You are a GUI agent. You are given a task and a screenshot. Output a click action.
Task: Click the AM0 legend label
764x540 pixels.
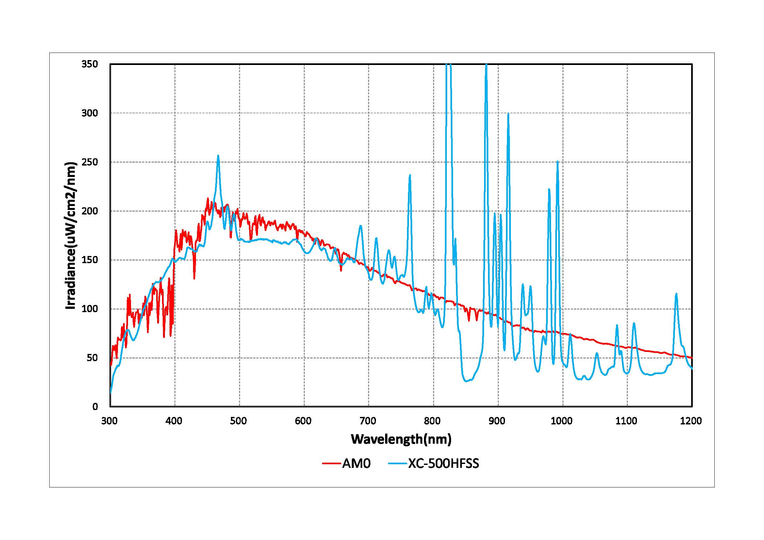pyautogui.click(x=356, y=463)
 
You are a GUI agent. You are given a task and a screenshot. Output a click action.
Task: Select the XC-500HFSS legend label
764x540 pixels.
pyautogui.click(x=444, y=463)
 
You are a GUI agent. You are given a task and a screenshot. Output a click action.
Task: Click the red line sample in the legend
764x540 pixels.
pyautogui.click(x=332, y=463)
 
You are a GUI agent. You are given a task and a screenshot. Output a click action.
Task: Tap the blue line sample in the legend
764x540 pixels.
pyautogui.click(x=398, y=463)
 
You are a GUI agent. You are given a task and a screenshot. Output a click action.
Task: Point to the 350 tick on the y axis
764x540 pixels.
pyautogui.click(x=90, y=64)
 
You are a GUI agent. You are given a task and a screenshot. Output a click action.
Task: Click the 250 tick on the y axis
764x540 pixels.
pyautogui.click(x=90, y=162)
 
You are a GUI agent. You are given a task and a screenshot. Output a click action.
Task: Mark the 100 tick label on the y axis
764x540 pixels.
pyautogui.click(x=90, y=309)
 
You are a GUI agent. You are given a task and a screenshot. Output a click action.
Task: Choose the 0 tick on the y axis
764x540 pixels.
pyautogui.click(x=95, y=407)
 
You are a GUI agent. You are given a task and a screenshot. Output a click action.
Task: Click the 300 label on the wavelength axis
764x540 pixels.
pyautogui.click(x=109, y=421)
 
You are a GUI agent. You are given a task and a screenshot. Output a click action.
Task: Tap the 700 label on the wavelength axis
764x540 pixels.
pyautogui.click(x=368, y=421)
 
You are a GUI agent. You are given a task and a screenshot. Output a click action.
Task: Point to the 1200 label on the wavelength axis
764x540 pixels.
pyautogui.click(x=691, y=421)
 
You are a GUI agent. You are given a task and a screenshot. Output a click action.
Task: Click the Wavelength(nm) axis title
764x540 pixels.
pyautogui.click(x=401, y=439)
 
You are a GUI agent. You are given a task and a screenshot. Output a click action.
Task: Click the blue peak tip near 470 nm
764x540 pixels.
pyautogui.click(x=218, y=156)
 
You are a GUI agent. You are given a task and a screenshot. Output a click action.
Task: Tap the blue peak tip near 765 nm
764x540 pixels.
pyautogui.click(x=410, y=175)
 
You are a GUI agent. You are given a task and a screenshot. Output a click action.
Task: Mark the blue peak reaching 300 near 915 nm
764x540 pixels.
pyautogui.click(x=508, y=114)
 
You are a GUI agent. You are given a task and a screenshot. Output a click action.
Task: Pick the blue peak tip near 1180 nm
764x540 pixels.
pyautogui.click(x=676, y=294)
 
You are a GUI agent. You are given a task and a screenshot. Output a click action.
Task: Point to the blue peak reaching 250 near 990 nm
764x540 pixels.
pyautogui.click(x=557, y=162)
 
